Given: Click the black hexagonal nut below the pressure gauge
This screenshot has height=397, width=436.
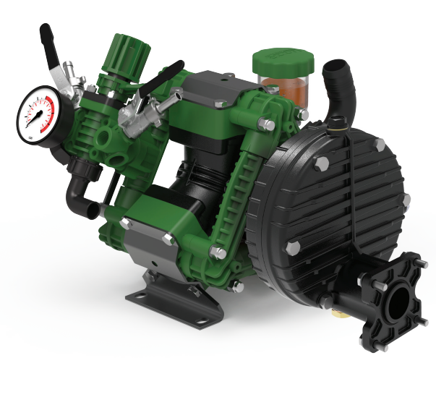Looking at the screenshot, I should pos(79,171).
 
